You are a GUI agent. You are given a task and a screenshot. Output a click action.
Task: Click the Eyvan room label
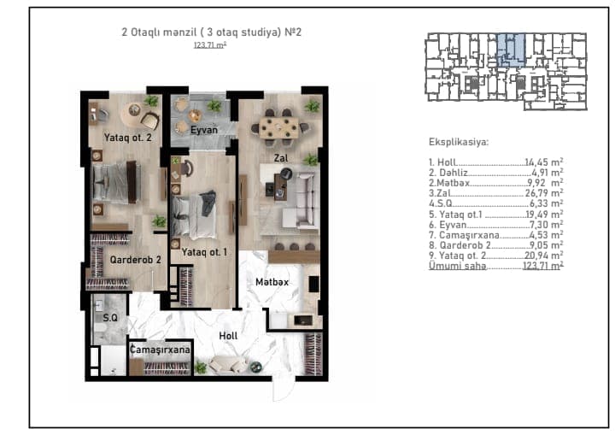pos(204,130)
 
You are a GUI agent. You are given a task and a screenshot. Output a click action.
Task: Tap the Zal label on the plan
pos(281,158)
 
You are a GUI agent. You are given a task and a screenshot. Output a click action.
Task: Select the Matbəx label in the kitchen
pos(272,282)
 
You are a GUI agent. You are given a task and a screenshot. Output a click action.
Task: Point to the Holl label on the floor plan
pos(228,336)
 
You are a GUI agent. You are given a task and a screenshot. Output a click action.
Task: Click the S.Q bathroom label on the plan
pos(110,318)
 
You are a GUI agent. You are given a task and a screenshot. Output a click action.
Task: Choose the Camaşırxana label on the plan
pos(160,350)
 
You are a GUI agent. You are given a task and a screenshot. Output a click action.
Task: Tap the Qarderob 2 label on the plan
pos(135,260)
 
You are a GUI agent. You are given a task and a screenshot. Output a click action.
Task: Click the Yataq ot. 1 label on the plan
pos(204,252)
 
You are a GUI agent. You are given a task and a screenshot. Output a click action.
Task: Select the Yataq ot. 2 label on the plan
pos(127,138)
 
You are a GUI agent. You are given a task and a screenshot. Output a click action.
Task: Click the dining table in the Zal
pos(278,127)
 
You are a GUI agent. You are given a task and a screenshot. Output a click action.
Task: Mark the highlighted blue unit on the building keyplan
pos(512,49)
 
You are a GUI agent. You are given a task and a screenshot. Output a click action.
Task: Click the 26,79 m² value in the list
pos(544,193)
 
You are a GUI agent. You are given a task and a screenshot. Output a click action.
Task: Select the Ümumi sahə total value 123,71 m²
pos(543,266)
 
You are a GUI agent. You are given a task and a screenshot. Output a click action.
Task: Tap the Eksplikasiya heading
pos(459,142)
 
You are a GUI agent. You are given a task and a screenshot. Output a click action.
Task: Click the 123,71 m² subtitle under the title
pos(210,45)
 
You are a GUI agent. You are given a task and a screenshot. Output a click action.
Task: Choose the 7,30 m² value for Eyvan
pos(547,224)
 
